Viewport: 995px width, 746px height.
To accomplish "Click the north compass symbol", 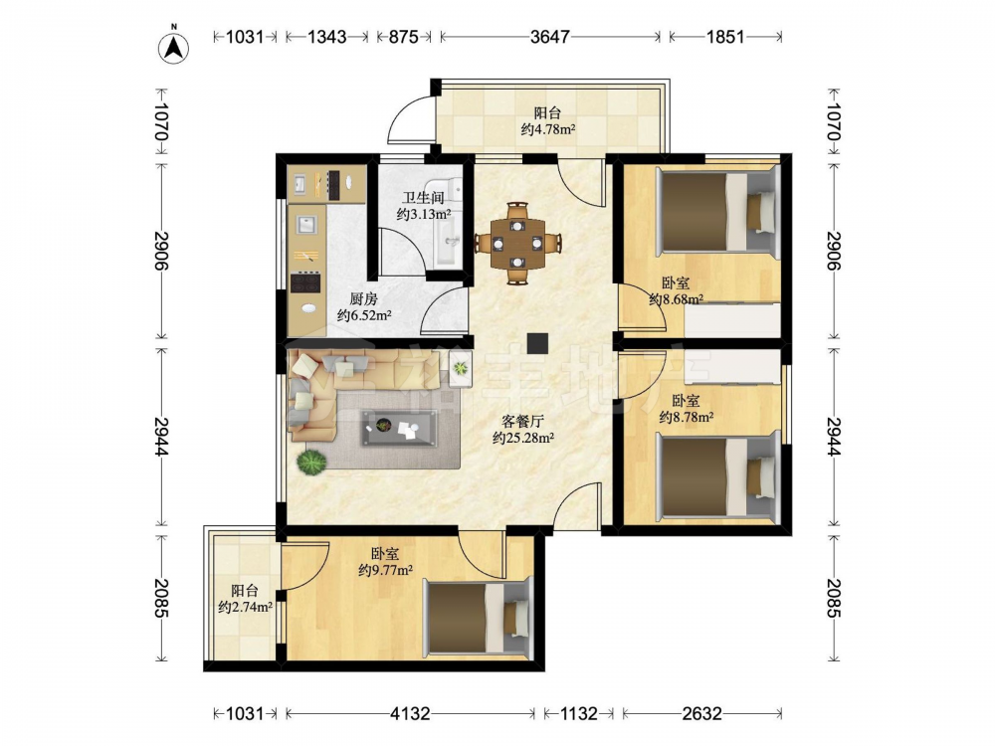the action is coord(174,47).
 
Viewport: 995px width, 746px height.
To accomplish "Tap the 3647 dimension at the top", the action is coord(549,37).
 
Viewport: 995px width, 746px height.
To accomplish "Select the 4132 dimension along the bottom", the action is coord(409,713).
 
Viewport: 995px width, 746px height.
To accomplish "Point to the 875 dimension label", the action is coord(403,37).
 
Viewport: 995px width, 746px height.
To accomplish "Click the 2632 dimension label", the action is coord(701,713).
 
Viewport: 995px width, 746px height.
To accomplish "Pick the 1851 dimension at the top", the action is coord(724,37).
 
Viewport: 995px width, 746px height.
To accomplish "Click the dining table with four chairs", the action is coord(517,243).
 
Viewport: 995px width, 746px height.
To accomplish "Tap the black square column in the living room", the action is coord(537,343).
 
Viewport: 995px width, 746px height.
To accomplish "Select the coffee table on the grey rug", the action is coord(399,428).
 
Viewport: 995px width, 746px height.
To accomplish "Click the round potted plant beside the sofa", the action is coord(311,462).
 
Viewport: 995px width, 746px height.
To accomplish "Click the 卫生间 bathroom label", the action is coord(423,198).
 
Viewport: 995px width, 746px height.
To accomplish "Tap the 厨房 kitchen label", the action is coord(363,298).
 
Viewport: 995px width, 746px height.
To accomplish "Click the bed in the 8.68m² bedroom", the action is coord(717,213).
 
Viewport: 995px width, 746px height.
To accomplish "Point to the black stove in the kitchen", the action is coord(305,282).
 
